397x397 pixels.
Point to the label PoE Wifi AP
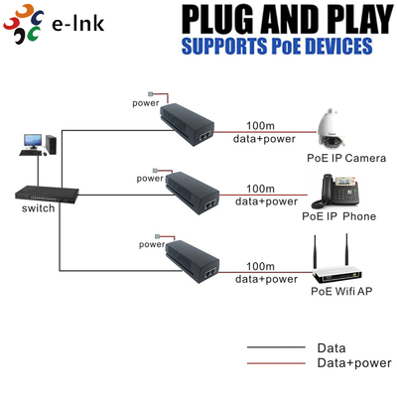click(340, 292)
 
